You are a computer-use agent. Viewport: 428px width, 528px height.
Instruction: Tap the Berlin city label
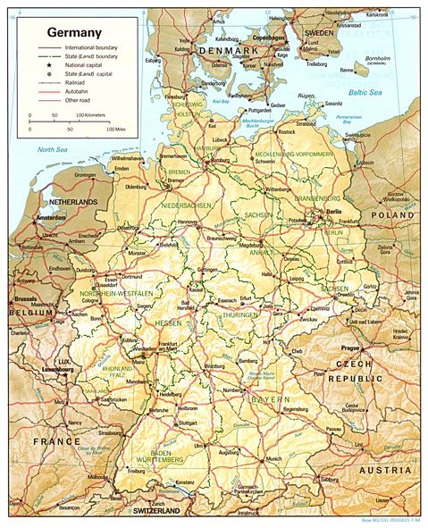click(359, 212)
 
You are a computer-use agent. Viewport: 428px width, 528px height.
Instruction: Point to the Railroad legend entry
click(74, 82)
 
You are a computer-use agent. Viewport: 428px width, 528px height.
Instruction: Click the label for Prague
click(348, 347)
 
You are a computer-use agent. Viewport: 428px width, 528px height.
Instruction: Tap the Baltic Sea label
click(366, 92)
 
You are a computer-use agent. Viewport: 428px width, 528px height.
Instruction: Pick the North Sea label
click(52, 150)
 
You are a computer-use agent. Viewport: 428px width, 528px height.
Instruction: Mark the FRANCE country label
click(51, 441)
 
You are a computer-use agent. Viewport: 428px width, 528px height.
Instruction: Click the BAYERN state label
click(271, 398)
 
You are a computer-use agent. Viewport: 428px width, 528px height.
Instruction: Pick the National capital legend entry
click(84, 64)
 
